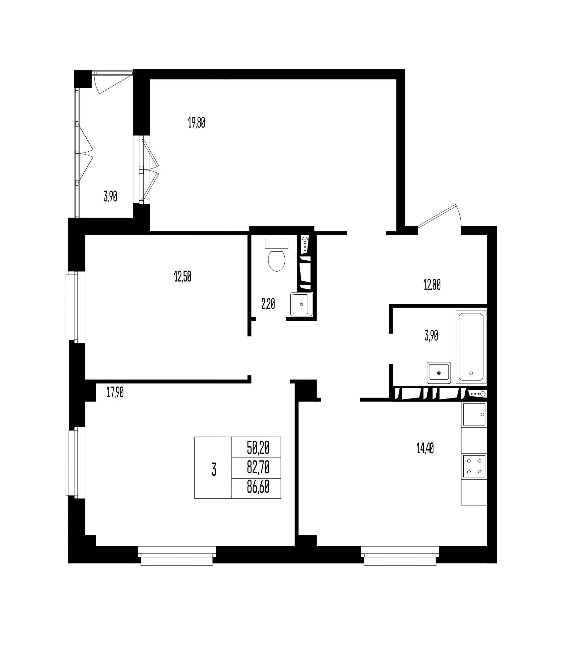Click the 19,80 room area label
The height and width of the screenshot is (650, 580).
tap(196, 123)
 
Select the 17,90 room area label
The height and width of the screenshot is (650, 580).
tap(115, 393)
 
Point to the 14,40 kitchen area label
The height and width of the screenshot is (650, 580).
tap(425, 449)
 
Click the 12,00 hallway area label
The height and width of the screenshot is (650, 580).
tap(432, 285)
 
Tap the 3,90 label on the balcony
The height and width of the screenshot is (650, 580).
tap(110, 197)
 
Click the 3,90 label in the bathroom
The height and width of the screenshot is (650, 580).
tap(431, 336)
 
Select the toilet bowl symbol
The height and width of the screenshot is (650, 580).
tap(277, 256)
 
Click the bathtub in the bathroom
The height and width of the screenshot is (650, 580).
tap(471, 346)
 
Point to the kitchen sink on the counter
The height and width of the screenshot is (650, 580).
tap(474, 414)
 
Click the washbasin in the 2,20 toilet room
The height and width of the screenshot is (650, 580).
tap(301, 304)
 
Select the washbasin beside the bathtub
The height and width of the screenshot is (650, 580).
tap(439, 373)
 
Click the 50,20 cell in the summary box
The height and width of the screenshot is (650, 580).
tap(258, 448)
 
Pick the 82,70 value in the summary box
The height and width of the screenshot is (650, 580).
tap(258, 467)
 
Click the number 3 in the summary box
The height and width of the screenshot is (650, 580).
tap(214, 469)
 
